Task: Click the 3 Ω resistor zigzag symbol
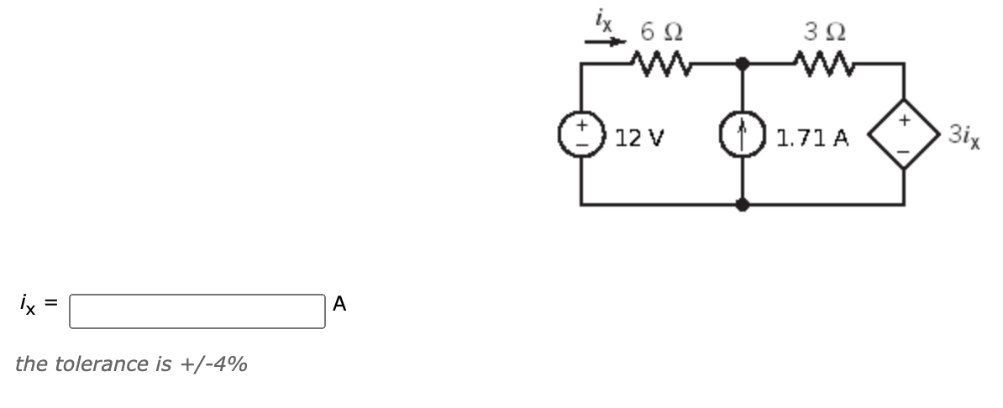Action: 822,62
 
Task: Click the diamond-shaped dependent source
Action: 905,133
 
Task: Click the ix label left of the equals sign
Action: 29,306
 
